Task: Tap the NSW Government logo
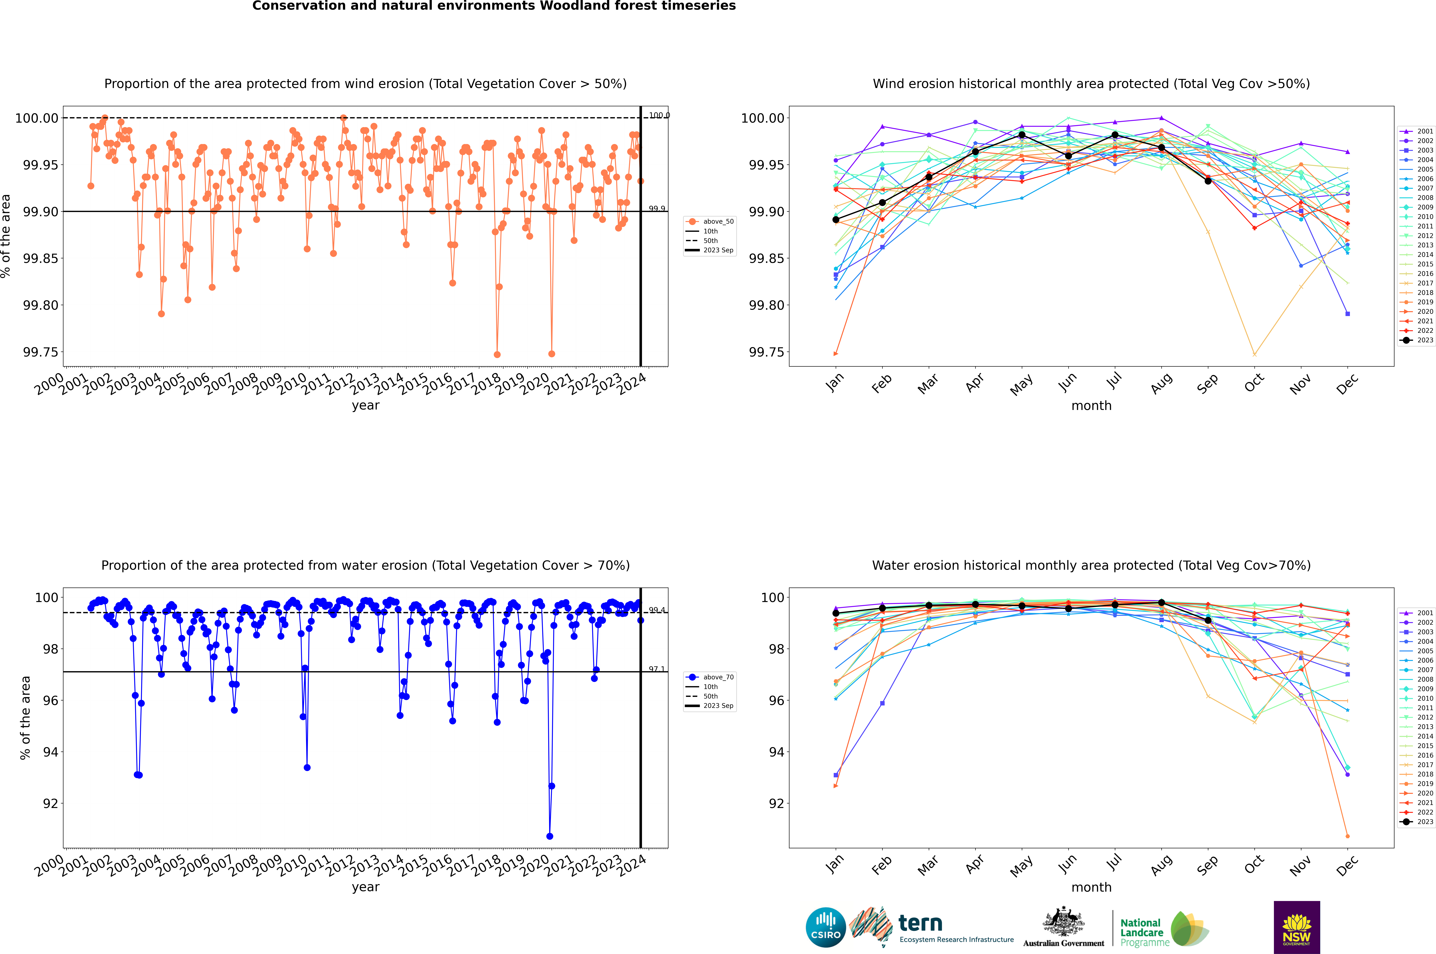click(1297, 927)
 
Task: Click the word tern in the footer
click(920, 924)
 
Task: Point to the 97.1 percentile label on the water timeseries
click(657, 669)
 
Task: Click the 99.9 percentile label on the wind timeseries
click(657, 209)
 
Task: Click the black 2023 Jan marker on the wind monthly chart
click(836, 220)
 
